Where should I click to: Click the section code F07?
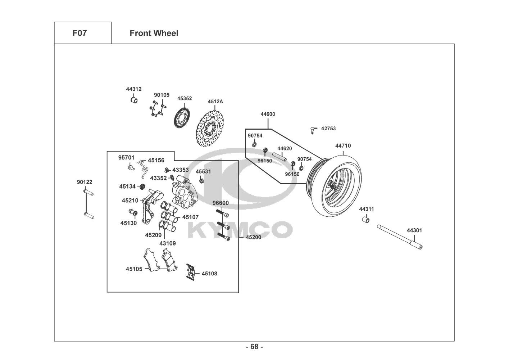tap(79, 33)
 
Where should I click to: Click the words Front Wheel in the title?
tap(154, 33)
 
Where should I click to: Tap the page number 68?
tap(254, 347)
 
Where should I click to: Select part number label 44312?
tap(133, 89)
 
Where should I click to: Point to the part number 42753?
tap(328, 128)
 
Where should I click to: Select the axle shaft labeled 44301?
tap(399, 237)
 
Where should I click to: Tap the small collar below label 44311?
tap(366, 219)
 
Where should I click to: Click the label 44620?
tap(284, 148)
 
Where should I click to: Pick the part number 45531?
tap(203, 172)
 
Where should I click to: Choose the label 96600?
tap(221, 203)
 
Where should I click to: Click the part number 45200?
tap(253, 237)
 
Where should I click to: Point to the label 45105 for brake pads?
tap(134, 269)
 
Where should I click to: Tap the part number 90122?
tap(85, 182)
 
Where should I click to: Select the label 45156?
tap(156, 161)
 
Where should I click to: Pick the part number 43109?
tap(167, 243)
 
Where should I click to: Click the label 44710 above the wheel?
tap(343, 146)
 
